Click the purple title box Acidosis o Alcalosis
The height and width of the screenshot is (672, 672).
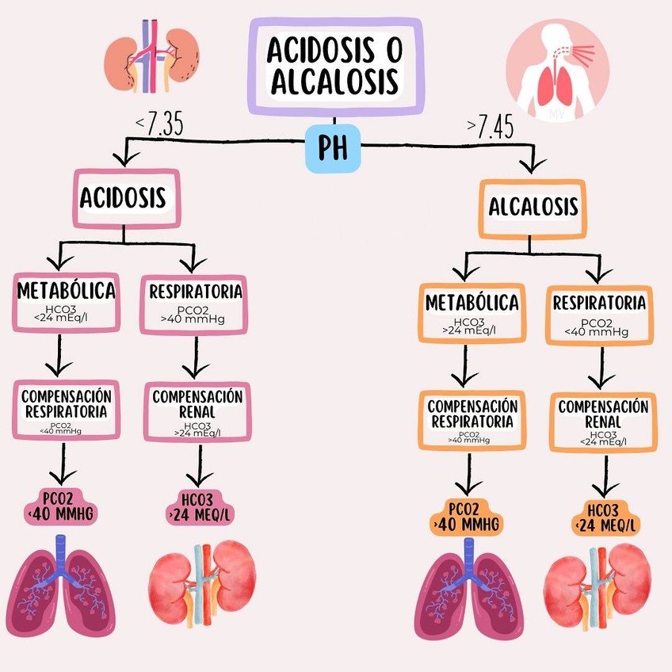[334, 66]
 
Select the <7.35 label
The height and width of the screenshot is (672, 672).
[158, 124]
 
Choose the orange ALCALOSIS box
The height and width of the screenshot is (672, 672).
[533, 208]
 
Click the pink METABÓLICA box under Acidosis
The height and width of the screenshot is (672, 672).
[66, 302]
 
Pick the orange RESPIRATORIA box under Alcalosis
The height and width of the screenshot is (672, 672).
[598, 314]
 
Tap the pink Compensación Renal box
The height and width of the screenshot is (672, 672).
[197, 411]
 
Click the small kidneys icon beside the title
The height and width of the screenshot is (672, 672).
[153, 54]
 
